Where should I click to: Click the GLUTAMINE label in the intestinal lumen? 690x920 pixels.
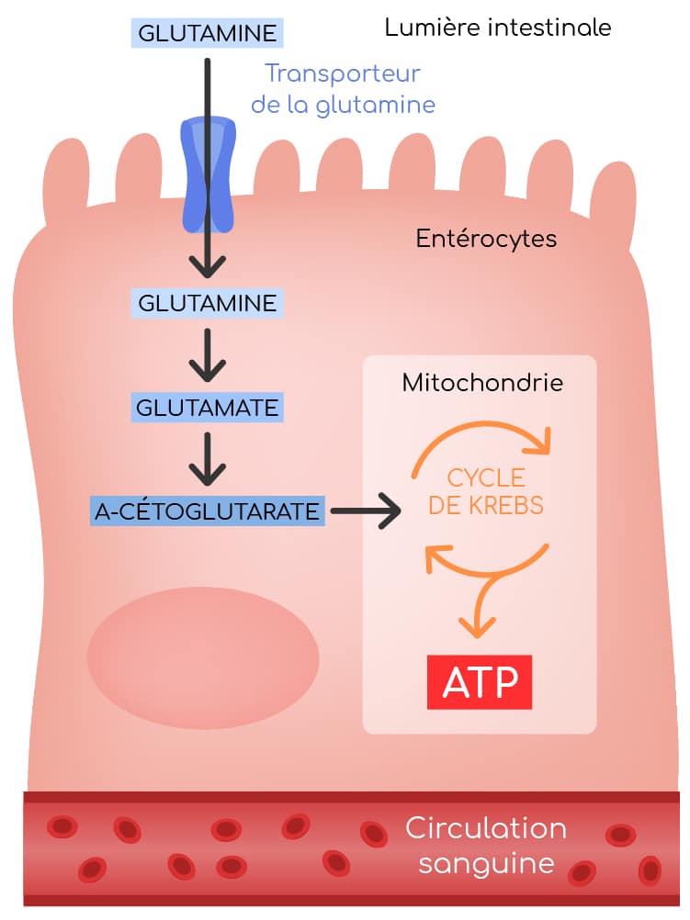207,34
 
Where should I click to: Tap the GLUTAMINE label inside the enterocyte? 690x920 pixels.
207,302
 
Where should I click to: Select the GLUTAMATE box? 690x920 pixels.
207,406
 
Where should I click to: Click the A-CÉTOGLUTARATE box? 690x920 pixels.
208,511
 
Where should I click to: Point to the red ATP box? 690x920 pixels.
480,683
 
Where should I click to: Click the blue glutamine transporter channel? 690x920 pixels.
208,174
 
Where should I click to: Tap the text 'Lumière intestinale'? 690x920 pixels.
498,28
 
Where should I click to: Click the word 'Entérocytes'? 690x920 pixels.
486,239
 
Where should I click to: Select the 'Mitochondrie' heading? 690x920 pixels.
482,383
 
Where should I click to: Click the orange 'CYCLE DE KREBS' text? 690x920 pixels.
486,491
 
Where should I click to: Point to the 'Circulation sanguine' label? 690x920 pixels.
486,846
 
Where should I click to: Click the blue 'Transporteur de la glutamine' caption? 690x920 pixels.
343,89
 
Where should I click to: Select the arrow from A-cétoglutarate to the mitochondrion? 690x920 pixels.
366,511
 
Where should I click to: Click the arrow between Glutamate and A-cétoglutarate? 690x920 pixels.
208,459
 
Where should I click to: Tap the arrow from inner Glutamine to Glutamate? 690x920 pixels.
208,354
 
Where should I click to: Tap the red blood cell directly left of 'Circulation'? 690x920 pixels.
374,834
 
